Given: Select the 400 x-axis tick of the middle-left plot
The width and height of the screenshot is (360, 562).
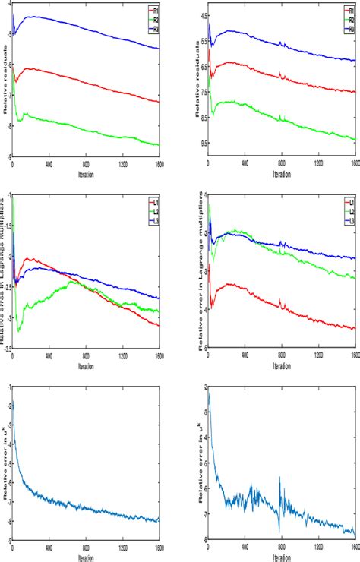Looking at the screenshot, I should pyautogui.click(x=49, y=355).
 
